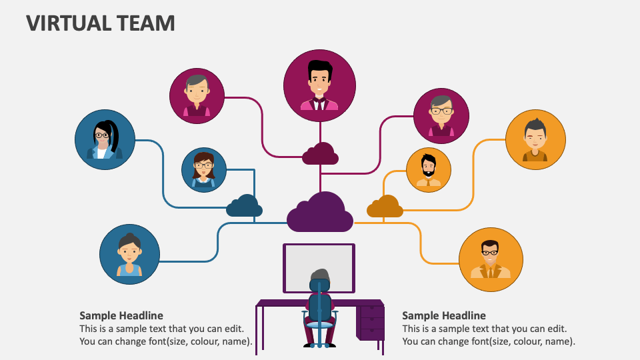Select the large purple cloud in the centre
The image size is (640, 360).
pos(320,213)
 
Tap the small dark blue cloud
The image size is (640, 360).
pos(244,207)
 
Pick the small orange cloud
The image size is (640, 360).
pos(385,207)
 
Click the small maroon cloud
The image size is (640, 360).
pos(320,155)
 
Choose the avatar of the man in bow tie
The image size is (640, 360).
pos(320,85)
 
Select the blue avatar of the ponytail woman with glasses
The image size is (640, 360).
pos(105,139)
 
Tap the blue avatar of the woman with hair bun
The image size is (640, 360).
pos(129,254)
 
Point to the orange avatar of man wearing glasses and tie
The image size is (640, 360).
pos(490,259)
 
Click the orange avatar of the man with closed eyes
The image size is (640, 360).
pos(535,140)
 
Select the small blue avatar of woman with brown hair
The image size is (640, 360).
pos(204,170)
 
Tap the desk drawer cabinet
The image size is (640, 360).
pos(371,321)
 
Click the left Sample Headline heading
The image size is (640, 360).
pos(121,315)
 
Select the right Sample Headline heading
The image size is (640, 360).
pos(444,315)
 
